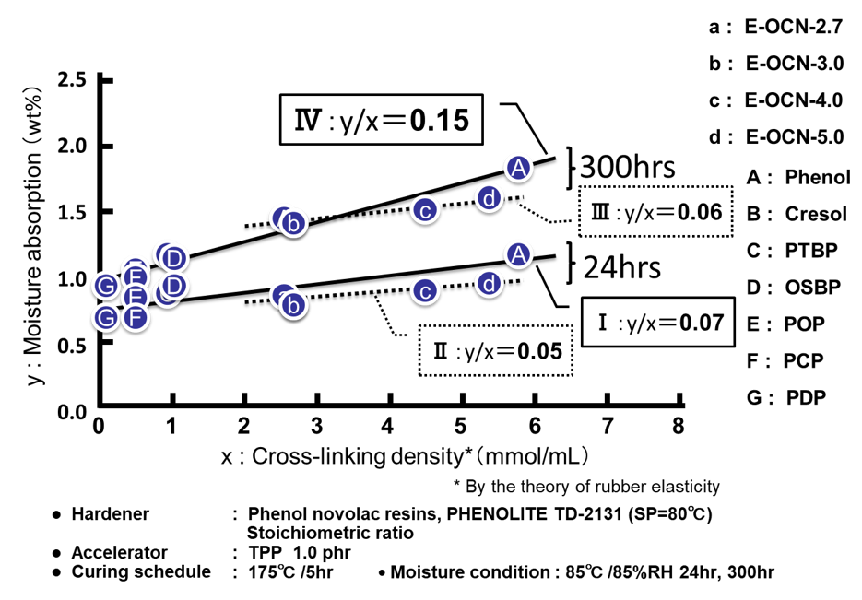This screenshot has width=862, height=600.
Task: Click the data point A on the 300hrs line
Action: pos(518,167)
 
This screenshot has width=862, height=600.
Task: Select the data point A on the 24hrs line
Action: pos(518,254)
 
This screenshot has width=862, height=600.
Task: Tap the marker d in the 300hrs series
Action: pos(490,197)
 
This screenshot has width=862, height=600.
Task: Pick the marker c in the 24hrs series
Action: pos(424,291)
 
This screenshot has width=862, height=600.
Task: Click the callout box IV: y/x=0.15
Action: pos(380,120)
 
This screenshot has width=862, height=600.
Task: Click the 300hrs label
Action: pos(628,168)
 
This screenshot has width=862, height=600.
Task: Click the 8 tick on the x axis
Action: pos(679,428)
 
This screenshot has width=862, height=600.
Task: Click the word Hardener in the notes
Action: pos(110,513)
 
